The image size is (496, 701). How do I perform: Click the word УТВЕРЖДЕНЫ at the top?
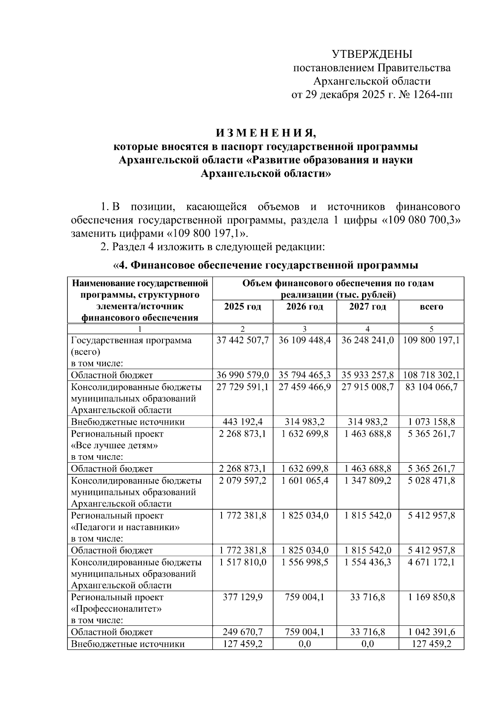coord(372,54)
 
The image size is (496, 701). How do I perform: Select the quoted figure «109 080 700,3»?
coord(420,220)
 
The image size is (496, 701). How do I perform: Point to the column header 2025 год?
coord(243,307)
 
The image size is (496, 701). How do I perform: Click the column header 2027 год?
coord(367,307)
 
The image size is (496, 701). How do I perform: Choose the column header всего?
coord(431,307)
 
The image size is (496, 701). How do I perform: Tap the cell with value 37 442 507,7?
coord(243,340)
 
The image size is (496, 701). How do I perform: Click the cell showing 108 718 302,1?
coord(431,375)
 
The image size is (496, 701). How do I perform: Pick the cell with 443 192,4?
coord(243,422)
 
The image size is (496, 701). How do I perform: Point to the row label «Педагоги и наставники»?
coord(125,527)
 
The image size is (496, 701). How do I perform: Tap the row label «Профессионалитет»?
coord(116,609)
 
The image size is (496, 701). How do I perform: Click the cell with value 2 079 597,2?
coord(243,481)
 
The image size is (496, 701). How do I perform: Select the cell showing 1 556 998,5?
coord(305,562)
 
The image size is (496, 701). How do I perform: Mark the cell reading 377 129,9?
coord(243,597)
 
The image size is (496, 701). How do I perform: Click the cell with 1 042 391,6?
coord(431,632)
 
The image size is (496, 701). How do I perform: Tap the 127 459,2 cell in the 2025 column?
coord(243,644)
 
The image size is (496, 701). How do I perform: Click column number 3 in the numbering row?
coord(305,329)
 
